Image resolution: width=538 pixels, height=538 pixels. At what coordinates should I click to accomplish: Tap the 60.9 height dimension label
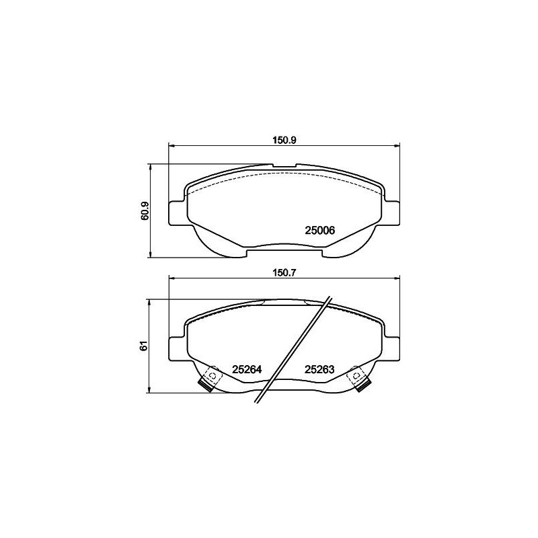144,210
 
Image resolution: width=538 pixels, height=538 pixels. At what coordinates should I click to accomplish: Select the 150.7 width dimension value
284,273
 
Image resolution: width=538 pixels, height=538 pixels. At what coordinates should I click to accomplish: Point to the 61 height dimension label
143,346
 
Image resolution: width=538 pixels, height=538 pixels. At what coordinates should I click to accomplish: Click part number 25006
320,230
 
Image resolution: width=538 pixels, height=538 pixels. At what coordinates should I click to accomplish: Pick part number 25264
246,369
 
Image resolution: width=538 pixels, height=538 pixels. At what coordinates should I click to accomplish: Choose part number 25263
320,369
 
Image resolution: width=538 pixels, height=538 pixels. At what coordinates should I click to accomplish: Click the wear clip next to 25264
210,379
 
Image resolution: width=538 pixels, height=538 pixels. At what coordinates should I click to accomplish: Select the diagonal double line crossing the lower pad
293,350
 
